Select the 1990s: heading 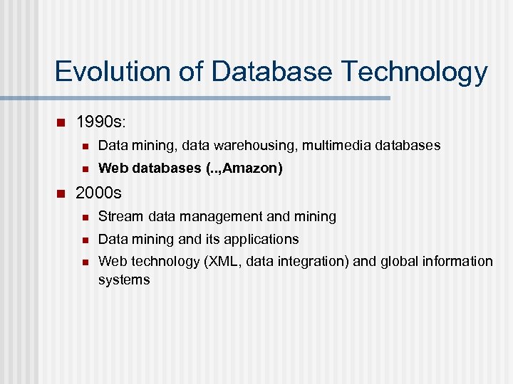(101, 122)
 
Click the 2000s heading (99, 193)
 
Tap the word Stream (120, 216)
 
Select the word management (220, 216)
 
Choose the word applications (260, 239)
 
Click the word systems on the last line (124, 279)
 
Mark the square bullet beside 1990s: (61, 122)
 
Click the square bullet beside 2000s (61, 193)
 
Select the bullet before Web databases (84, 169)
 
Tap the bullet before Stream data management (84, 216)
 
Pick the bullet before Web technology (84, 262)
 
